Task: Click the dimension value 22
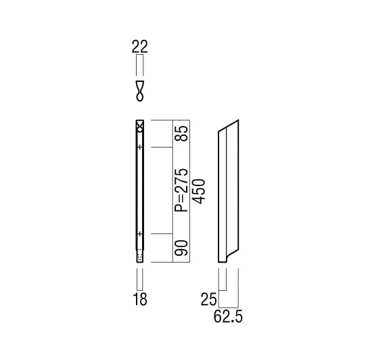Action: (139, 47)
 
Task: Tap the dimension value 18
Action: (140, 299)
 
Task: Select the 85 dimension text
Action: (181, 133)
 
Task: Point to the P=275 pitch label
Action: (181, 190)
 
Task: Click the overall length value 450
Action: (199, 192)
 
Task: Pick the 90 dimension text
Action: (181, 248)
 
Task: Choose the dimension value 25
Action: (208, 299)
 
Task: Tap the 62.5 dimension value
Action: (228, 317)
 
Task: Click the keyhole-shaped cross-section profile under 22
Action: (139, 91)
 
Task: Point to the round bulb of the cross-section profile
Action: (139, 97)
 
